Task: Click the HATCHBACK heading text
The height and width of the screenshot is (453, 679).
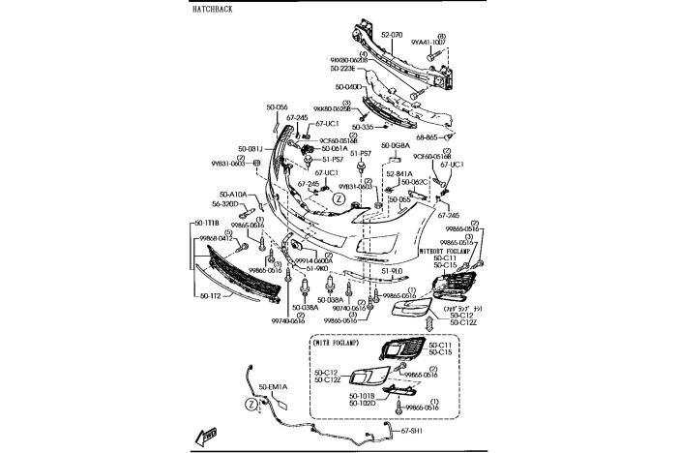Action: point(214,8)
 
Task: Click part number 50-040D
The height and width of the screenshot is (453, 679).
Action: point(346,87)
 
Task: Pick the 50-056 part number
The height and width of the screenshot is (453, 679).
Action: point(278,106)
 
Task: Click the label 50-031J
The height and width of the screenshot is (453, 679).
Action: point(251,148)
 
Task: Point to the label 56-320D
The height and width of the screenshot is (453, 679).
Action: point(224,203)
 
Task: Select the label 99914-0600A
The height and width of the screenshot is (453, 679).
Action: point(314,260)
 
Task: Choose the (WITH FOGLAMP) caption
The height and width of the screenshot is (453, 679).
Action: point(337,342)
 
